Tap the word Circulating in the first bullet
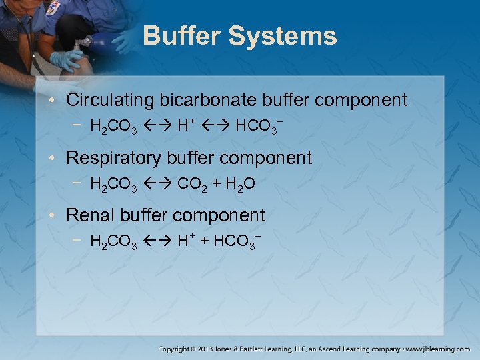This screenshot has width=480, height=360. [x=110, y=101]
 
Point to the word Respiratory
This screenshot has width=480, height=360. [x=115, y=158]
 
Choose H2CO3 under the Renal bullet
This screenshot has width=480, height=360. [x=113, y=241]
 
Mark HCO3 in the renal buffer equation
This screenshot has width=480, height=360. [x=235, y=241]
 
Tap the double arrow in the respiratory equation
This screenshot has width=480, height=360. [x=157, y=183]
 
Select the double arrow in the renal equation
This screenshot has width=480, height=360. [x=157, y=241]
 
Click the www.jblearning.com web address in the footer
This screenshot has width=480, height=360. [x=438, y=349]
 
